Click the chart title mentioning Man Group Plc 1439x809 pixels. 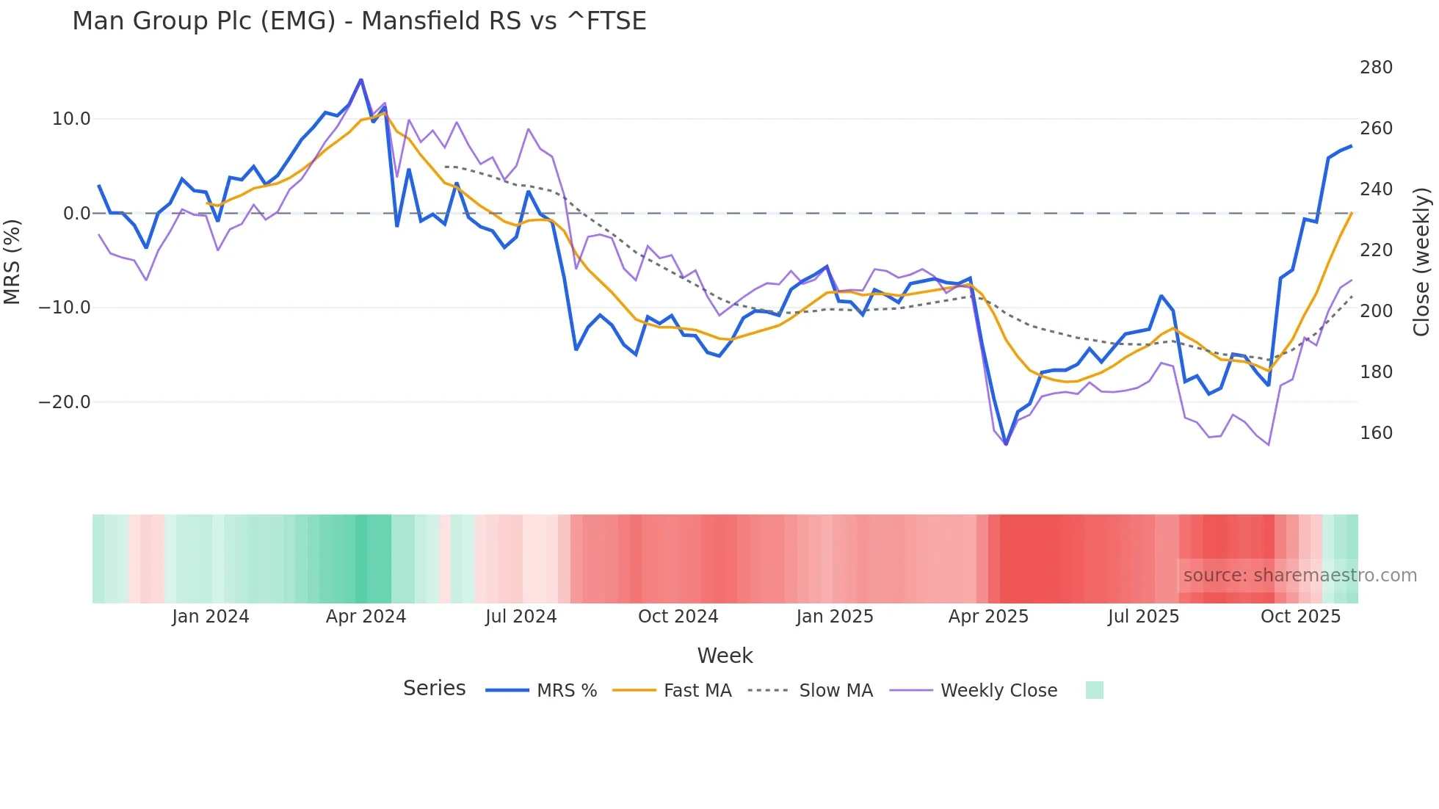tap(359, 21)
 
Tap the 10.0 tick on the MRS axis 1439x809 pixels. tap(71, 119)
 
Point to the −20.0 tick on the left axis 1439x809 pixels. tap(65, 402)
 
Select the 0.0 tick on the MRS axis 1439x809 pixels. tap(77, 214)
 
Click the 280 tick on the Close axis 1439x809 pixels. tap(1376, 68)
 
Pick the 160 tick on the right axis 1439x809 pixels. tap(1376, 433)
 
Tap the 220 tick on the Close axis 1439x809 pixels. tap(1376, 250)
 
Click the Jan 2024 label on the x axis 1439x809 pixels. tap(211, 617)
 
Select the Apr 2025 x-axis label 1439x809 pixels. tap(988, 617)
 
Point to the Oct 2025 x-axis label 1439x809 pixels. tap(1300, 617)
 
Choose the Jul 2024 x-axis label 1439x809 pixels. tap(521, 617)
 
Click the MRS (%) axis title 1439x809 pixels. tap(12, 261)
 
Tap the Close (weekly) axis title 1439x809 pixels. tap(1422, 262)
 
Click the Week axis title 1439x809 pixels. tap(725, 656)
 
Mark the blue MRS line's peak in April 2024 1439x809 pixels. tap(360, 79)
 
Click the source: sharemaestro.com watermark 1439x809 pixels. tap(1300, 576)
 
